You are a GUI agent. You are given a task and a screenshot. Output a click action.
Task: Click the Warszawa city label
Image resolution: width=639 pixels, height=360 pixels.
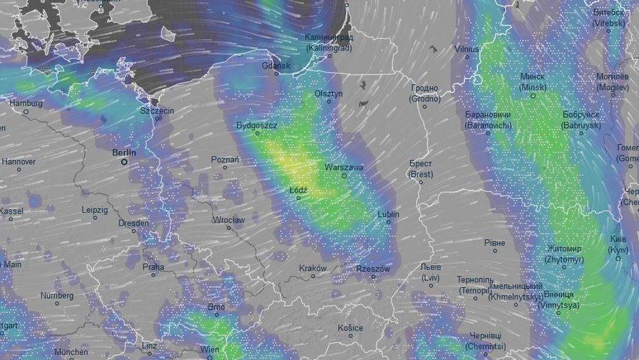[344, 167]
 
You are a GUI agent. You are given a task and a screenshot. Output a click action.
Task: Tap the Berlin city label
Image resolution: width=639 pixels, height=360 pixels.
[124, 153]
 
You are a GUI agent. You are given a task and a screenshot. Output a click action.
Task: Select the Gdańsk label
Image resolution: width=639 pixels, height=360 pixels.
[276, 66]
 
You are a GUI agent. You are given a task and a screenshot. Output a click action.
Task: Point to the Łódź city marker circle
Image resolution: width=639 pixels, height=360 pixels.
[298, 197]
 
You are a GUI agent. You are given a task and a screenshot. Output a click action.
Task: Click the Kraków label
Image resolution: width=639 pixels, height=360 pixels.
[313, 268]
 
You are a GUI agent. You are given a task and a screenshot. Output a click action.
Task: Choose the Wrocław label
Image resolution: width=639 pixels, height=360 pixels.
[228, 220]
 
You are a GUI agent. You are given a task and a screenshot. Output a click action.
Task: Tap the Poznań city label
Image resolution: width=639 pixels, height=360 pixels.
[225, 159]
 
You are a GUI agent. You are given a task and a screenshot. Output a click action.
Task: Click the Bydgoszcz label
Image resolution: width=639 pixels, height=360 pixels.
[257, 126]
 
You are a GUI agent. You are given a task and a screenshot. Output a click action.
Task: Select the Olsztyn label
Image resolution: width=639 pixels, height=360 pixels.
[328, 93]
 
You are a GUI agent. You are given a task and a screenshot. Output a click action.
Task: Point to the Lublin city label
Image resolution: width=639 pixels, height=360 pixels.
[388, 214]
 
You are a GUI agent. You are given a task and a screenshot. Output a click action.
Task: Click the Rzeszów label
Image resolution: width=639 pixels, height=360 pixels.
[373, 268]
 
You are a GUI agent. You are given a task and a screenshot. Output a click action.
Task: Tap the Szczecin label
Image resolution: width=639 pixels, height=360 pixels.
[157, 110]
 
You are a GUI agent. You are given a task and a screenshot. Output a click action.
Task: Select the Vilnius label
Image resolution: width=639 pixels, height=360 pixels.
[468, 49]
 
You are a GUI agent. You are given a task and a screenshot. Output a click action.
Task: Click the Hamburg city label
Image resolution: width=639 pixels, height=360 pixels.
[26, 103]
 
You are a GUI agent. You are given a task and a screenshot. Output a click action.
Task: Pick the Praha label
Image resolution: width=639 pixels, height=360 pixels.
[153, 267]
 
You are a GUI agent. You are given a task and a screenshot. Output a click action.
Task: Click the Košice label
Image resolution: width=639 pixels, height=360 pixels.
[350, 327]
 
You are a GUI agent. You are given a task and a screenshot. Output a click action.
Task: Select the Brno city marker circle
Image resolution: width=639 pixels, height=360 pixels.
[216, 314]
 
